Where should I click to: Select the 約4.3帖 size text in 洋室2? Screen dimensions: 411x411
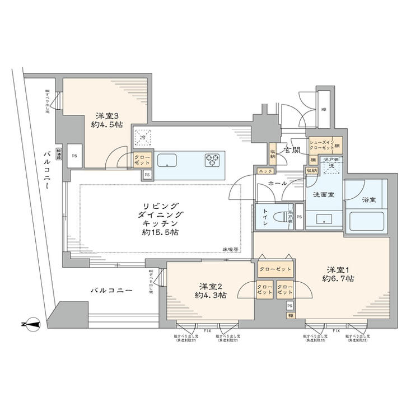211,295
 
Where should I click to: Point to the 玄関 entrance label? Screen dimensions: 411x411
291,150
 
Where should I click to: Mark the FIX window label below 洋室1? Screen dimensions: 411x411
335,331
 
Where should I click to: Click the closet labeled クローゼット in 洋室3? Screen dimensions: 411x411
141,160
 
